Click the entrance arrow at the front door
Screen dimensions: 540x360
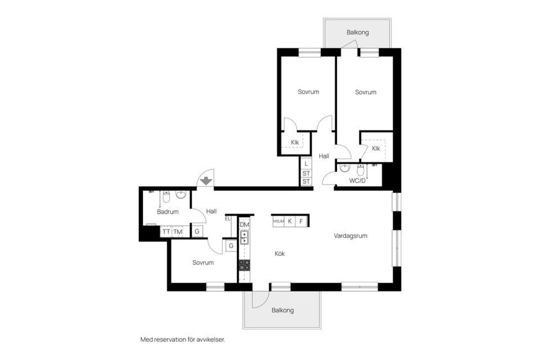click(x=206, y=181)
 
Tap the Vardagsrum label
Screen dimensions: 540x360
click(x=350, y=236)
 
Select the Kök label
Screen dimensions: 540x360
click(x=280, y=254)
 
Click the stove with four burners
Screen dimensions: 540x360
click(x=245, y=264)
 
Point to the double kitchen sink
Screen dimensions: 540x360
click(x=245, y=237)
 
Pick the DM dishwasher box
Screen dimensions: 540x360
click(x=244, y=225)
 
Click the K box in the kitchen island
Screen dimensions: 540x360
click(x=290, y=221)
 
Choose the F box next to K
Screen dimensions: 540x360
click(x=301, y=221)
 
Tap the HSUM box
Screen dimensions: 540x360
click(x=278, y=221)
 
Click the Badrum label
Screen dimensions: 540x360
click(x=168, y=212)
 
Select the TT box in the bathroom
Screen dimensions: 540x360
click(x=166, y=232)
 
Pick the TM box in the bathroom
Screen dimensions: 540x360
click(x=178, y=232)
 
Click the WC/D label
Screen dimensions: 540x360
click(x=358, y=181)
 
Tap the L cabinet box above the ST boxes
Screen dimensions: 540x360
click(x=306, y=164)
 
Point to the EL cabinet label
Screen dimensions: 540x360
click(x=228, y=218)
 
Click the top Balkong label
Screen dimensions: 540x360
click(x=358, y=33)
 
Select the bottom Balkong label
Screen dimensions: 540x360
click(x=283, y=310)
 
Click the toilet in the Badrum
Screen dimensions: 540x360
click(x=166, y=196)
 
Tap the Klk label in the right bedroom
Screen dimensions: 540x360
click(x=376, y=148)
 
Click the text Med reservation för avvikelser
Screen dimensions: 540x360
click(x=182, y=340)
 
